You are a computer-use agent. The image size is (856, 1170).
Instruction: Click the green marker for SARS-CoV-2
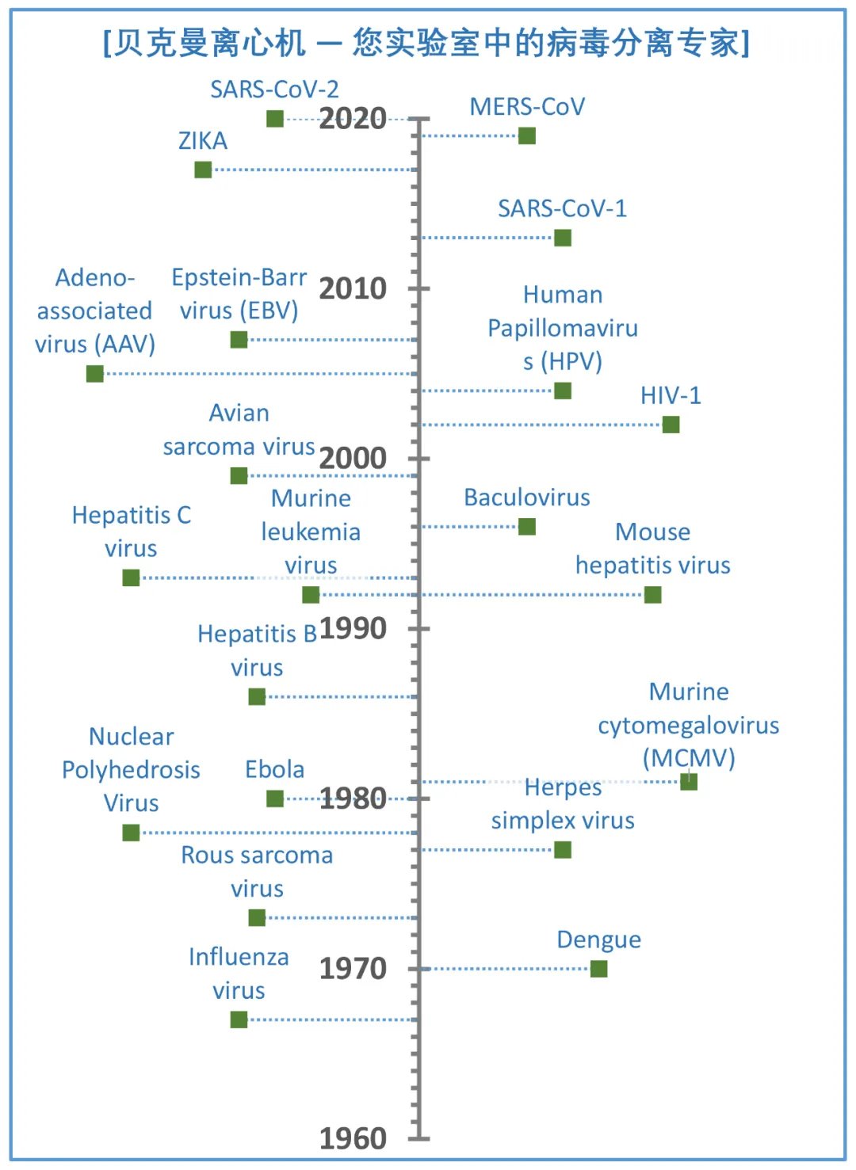coord(275,119)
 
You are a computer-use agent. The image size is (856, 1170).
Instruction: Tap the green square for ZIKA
coord(203,170)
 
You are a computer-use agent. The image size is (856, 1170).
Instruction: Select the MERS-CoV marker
coord(527,136)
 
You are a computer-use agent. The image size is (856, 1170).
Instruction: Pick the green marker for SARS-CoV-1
coord(563,238)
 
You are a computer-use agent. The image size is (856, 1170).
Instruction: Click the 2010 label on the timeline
coord(353,289)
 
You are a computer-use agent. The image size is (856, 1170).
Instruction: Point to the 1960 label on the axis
coord(353,1139)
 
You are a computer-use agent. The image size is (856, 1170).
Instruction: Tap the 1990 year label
coord(353,629)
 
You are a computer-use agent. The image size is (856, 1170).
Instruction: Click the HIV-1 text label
coord(671,395)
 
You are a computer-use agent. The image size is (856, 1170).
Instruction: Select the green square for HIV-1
coord(671,425)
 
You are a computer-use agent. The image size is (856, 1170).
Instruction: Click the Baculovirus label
coord(527,497)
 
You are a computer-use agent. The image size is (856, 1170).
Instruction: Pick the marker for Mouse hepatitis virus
coord(652,595)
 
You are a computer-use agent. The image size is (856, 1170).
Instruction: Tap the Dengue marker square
coord(599,969)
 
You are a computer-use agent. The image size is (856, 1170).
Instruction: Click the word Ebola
coord(274,769)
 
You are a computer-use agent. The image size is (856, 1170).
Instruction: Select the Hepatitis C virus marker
coord(132,578)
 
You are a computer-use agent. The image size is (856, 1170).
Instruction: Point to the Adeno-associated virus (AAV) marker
coord(95,374)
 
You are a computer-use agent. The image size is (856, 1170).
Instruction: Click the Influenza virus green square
coord(239,1020)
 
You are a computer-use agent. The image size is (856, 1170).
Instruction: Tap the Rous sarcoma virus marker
coord(257,918)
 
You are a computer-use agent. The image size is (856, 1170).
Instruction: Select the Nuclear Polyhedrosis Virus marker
coord(132,833)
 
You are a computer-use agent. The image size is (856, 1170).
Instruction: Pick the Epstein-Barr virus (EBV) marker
coord(239,340)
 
